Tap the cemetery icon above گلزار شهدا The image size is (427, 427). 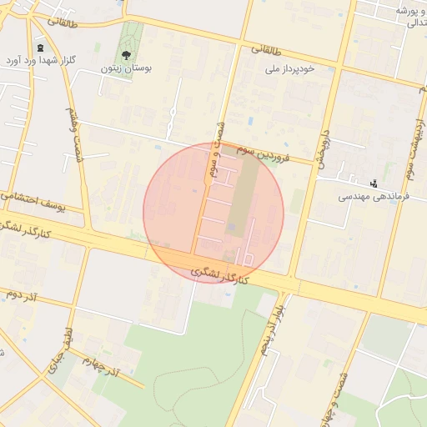tap(41, 48)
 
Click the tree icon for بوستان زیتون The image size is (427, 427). tap(126, 54)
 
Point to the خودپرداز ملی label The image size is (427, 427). tap(289, 69)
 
